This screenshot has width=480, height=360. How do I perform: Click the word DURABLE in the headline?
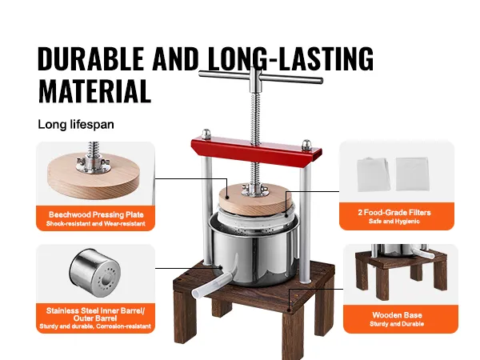(90, 58)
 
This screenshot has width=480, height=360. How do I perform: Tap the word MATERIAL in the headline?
(94, 90)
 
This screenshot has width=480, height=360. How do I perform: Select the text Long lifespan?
(76, 125)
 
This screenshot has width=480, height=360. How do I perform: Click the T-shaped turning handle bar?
(261, 78)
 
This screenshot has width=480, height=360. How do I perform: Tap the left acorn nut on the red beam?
(206, 134)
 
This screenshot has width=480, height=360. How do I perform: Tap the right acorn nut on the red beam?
(306, 145)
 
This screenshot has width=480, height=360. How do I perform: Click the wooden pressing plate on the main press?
(255, 199)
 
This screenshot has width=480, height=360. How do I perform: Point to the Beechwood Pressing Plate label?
(96, 214)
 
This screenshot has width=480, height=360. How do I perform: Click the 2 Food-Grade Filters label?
(394, 213)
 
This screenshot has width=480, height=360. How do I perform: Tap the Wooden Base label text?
(397, 315)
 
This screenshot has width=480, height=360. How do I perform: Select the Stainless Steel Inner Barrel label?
(95, 314)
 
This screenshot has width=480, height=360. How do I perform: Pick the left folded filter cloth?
(374, 174)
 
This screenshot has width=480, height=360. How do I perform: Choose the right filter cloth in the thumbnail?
(412, 174)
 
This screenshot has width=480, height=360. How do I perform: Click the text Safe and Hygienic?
(394, 222)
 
